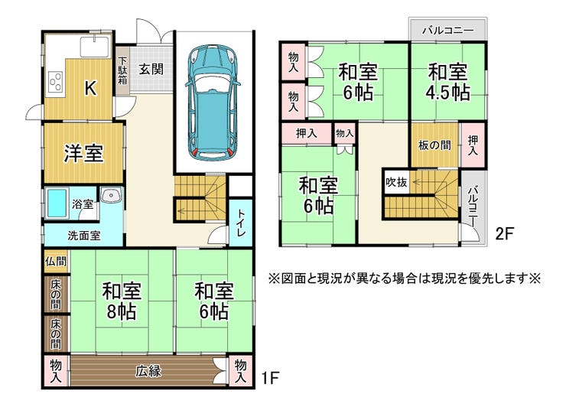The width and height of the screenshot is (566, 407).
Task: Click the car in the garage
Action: [213, 103]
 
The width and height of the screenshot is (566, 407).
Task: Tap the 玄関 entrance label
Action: [151, 69]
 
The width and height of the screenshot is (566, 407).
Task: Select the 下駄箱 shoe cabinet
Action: [122, 71]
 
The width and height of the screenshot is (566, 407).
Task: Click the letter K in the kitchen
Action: [90, 88]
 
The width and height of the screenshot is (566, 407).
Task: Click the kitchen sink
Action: [95, 47]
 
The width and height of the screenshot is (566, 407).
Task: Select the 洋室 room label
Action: [83, 153]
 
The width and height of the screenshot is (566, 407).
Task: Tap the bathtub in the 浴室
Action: [57, 203]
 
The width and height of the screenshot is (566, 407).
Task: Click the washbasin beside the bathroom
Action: [112, 196]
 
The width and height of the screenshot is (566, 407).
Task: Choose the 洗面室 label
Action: [84, 236]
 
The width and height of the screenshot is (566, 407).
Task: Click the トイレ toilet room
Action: [241, 223]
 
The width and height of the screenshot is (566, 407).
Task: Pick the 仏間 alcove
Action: [56, 261]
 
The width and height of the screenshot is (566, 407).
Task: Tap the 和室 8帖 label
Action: [122, 300]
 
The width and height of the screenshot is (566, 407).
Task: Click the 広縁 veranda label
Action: [148, 371]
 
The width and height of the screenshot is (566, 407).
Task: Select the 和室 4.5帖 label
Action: [448, 82]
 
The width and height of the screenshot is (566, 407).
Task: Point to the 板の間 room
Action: [434, 145]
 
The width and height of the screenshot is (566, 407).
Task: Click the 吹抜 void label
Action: [396, 182]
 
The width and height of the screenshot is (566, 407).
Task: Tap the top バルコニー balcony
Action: [448, 30]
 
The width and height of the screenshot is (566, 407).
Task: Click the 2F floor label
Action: [504, 233]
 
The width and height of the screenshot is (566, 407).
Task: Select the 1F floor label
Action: [270, 378]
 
